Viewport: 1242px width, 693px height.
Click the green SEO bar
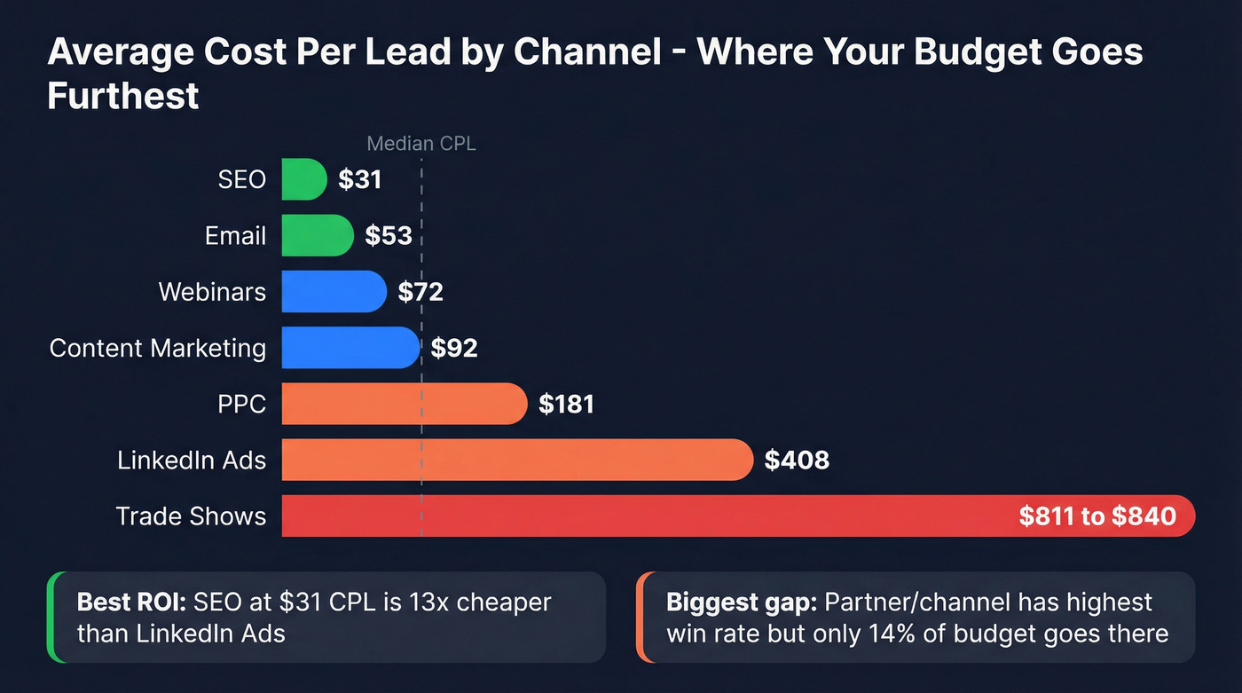[303, 179]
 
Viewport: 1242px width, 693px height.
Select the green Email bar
[317, 235]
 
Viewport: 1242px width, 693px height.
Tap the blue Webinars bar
[334, 292]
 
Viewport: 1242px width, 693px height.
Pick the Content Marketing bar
[350, 348]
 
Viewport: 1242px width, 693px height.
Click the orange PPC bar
[404, 405]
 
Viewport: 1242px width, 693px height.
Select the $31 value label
[359, 180]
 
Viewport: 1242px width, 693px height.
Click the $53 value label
[389, 235]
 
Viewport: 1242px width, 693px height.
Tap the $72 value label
[421, 292]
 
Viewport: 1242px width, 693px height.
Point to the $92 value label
[454, 348]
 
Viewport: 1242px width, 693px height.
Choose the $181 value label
[566, 405]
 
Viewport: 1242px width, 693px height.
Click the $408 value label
[797, 461]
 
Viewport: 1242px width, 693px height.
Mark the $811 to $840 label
[1097, 516]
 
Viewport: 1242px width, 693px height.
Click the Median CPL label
[421, 144]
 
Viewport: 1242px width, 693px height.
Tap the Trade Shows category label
[191, 516]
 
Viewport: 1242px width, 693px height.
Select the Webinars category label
[212, 292]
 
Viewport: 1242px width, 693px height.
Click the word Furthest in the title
[123, 96]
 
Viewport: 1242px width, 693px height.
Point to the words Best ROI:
[130, 602]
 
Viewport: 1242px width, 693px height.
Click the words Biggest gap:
[741, 602]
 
